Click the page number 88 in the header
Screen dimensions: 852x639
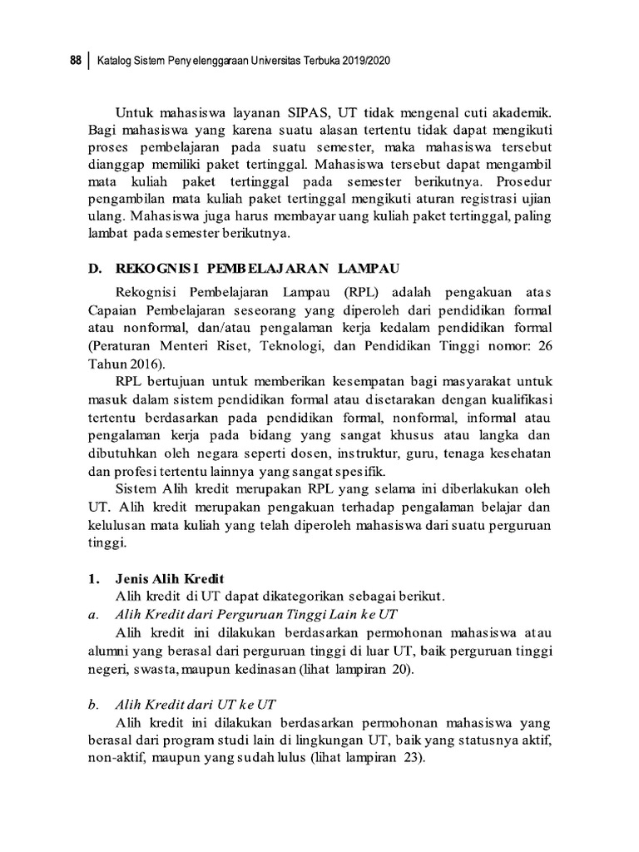click(x=74, y=61)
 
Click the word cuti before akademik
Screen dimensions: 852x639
click(x=472, y=112)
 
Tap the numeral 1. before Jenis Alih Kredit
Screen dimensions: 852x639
click(x=93, y=578)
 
